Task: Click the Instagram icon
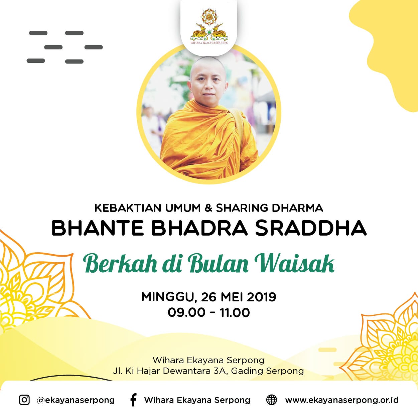(x=24, y=400)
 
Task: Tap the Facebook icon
(x=133, y=400)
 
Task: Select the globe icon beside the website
(x=271, y=400)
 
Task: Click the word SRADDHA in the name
(x=311, y=228)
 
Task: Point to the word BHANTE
(x=98, y=228)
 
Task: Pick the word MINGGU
(x=167, y=297)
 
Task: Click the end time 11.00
(x=235, y=312)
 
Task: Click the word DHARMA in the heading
(x=297, y=208)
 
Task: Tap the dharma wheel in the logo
(x=209, y=17)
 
